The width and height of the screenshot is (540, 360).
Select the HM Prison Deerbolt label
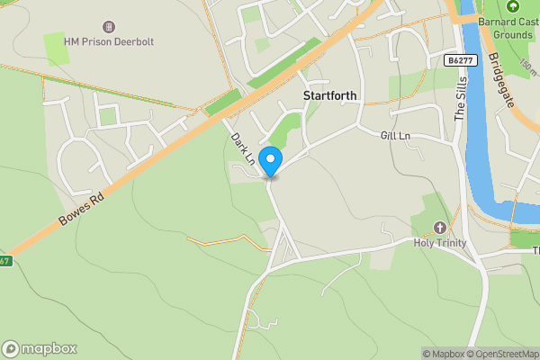point(110,42)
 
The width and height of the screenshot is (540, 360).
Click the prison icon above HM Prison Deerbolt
point(110,27)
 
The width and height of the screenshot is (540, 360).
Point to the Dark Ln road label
point(242,148)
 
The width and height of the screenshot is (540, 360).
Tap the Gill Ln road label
point(395,135)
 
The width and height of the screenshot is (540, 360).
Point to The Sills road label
point(461,100)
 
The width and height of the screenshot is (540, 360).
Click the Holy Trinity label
point(440,243)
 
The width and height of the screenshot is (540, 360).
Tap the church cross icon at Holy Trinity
point(440,228)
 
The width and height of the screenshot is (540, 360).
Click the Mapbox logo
point(40,348)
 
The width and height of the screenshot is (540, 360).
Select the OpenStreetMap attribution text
point(502,354)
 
